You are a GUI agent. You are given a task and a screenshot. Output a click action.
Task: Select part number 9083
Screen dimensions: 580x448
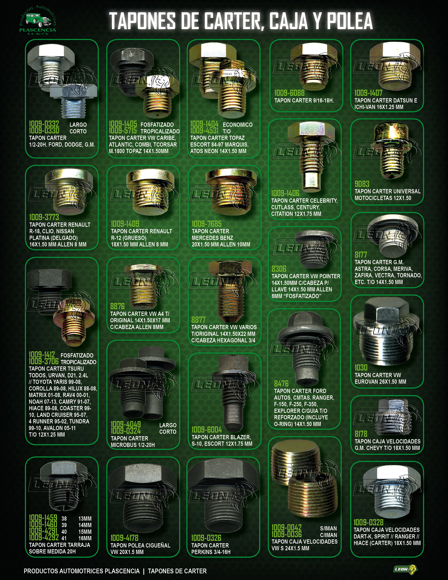pos(362,184)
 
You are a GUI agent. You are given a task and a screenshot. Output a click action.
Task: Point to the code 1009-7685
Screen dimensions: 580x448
pos(206,224)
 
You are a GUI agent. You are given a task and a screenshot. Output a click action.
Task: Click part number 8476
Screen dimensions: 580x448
pos(281,384)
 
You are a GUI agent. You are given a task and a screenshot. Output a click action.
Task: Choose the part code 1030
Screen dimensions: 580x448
pos(361,368)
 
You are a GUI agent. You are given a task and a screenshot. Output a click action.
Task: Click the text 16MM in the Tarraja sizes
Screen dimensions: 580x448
pos(85,538)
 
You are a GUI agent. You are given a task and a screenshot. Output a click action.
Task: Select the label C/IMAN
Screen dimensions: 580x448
pos(328,535)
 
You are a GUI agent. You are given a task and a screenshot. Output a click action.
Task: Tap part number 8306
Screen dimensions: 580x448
pos(279,269)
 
